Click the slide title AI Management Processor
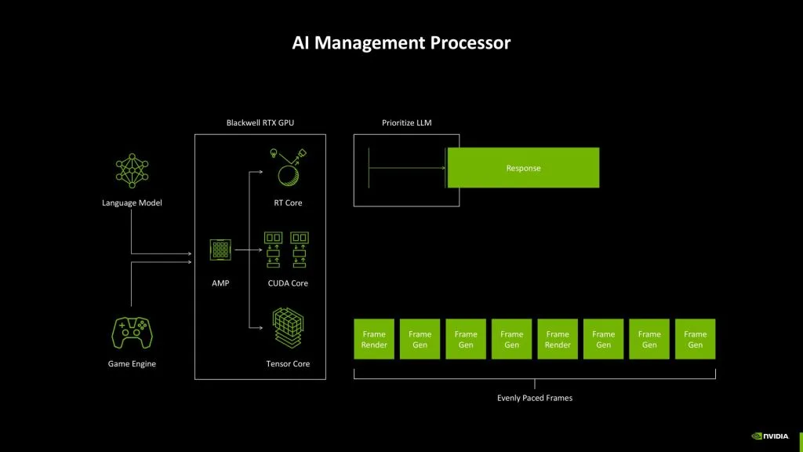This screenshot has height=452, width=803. (401, 42)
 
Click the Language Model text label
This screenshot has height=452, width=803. (132, 203)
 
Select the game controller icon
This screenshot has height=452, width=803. (132, 333)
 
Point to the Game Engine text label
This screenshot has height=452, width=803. (132, 364)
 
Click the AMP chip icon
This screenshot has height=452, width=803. (220, 250)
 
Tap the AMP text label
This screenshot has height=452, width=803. (220, 282)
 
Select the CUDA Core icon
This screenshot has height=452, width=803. (287, 249)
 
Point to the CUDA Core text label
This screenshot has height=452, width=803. (288, 282)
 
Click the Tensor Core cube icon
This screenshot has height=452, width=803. (288, 328)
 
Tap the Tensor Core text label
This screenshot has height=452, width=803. (288, 364)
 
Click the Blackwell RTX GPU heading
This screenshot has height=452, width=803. (260, 123)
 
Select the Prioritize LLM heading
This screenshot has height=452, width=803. (406, 123)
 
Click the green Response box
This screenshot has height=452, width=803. (523, 168)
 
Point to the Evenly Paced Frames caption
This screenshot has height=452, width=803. (535, 398)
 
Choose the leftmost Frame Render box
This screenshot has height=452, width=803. (374, 339)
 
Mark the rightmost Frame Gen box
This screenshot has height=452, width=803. (695, 339)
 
